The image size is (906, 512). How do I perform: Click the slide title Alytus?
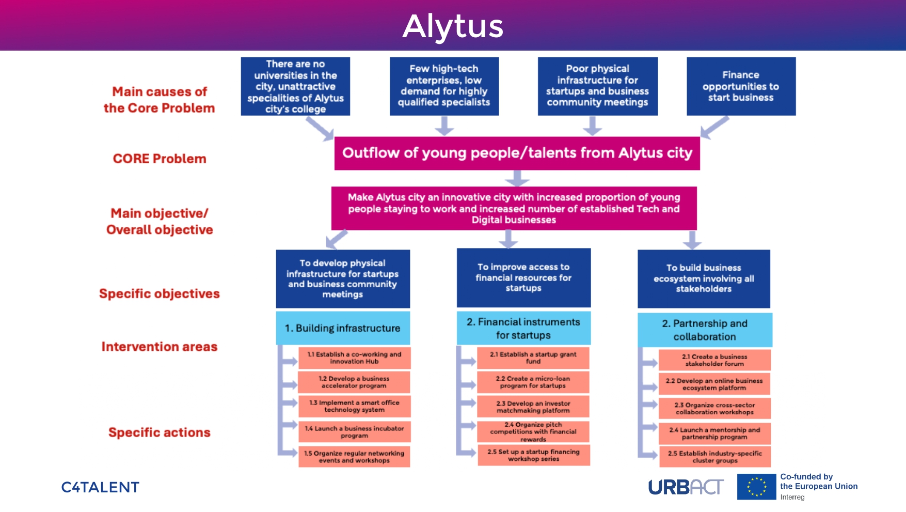(x=453, y=26)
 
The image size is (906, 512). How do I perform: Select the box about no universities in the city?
(x=295, y=86)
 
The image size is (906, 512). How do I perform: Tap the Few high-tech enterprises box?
(x=444, y=86)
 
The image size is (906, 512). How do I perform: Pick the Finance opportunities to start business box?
(x=741, y=86)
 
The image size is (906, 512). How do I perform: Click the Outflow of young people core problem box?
(x=517, y=153)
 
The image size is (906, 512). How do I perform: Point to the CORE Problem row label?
(x=160, y=159)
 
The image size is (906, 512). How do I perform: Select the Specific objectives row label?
(x=160, y=293)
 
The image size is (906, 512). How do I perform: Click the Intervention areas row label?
(x=160, y=347)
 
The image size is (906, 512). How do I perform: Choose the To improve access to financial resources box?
(x=523, y=277)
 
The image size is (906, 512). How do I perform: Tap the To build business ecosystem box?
(x=704, y=278)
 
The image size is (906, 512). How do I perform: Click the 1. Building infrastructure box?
(x=343, y=328)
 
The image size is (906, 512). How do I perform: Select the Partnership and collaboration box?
(x=705, y=330)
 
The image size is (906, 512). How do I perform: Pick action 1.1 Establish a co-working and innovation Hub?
(x=354, y=358)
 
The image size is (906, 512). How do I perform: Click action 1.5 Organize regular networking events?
(x=354, y=457)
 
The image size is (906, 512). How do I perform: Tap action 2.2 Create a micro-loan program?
(x=533, y=382)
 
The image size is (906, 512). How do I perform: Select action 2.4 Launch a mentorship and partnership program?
(x=714, y=433)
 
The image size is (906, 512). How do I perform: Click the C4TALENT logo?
(x=100, y=487)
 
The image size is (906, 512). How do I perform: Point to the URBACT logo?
(x=686, y=487)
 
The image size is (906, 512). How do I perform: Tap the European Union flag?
(x=756, y=487)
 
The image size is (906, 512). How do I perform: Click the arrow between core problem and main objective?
(x=517, y=178)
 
